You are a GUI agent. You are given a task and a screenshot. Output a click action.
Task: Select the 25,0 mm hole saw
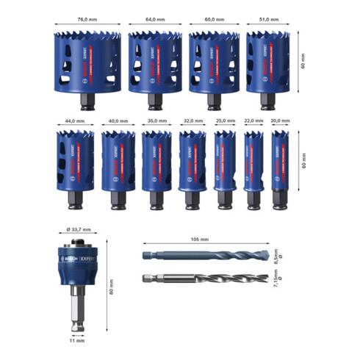tap(223, 164)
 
